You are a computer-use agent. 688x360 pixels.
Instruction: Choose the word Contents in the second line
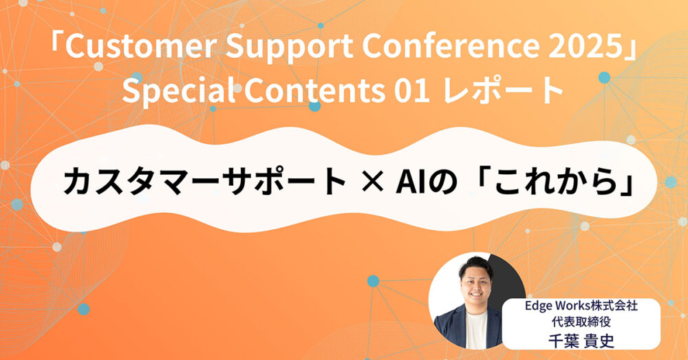(x=314, y=90)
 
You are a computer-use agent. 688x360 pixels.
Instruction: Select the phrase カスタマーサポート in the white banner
(x=205, y=181)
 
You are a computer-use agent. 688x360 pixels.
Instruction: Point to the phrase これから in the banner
(x=557, y=181)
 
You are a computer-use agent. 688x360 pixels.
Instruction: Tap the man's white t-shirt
(x=475, y=329)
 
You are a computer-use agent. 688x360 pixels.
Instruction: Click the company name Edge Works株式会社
(x=581, y=306)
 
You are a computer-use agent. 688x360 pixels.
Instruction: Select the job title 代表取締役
(x=581, y=322)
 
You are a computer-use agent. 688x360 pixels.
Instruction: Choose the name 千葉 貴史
(x=581, y=340)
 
